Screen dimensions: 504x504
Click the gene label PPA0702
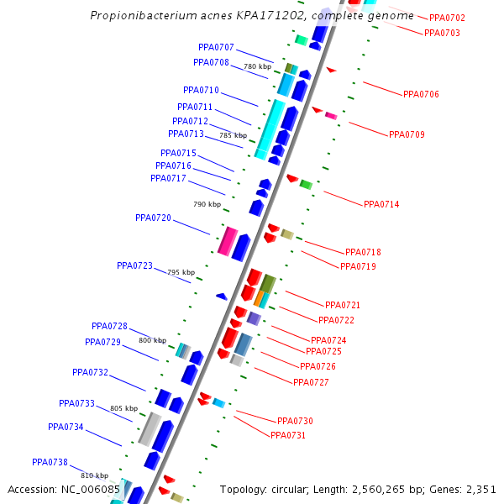(447, 18)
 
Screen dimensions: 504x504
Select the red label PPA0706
(421, 94)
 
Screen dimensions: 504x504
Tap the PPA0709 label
(407, 134)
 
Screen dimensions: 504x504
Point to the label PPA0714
(381, 204)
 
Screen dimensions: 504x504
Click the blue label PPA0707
(216, 47)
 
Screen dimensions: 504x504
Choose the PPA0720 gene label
(153, 218)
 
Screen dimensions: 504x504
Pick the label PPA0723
(134, 265)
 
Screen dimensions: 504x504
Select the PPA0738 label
(50, 462)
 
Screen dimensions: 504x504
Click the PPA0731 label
(288, 435)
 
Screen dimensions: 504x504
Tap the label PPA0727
(311, 382)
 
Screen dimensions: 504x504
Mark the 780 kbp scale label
(258, 66)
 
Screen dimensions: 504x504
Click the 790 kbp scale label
(207, 204)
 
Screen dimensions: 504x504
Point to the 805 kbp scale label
(123, 408)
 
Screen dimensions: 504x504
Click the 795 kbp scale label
(181, 272)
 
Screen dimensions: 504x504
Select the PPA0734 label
(66, 427)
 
